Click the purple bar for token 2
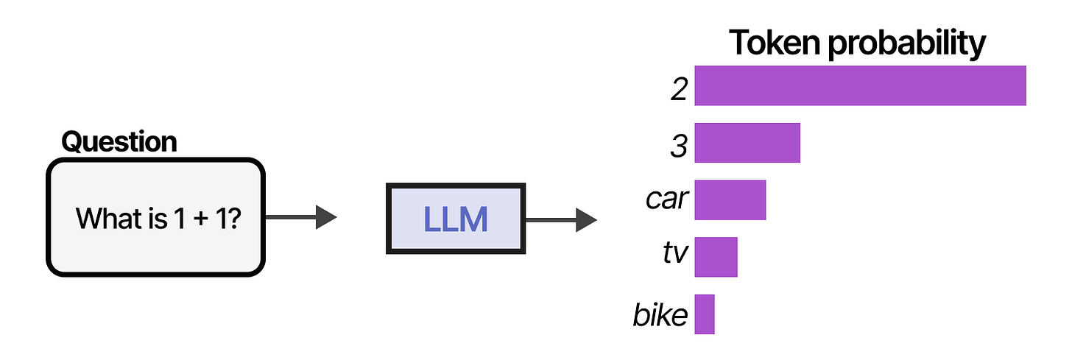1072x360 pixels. [x=860, y=85]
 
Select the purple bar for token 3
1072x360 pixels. [x=747, y=143]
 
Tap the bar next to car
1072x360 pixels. [x=730, y=200]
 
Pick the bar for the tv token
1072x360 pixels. [x=716, y=257]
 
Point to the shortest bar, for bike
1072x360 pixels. [x=705, y=314]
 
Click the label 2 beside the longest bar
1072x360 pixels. [x=679, y=89]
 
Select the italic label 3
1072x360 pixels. [x=679, y=146]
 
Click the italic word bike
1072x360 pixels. [x=660, y=314]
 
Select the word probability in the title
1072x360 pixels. [x=907, y=46]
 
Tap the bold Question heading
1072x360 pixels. [x=119, y=141]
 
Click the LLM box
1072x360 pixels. [x=455, y=219]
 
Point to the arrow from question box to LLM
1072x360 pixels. [x=300, y=217]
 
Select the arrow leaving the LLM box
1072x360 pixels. [x=561, y=219]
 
